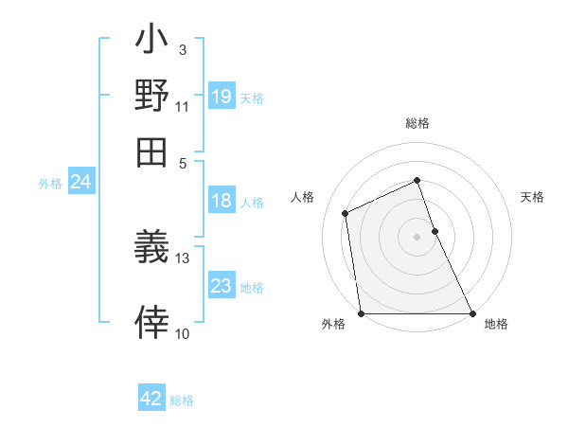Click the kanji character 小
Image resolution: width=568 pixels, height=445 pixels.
tap(152, 43)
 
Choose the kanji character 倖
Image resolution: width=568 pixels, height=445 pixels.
tap(152, 325)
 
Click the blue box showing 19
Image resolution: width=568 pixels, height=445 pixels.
tap(222, 97)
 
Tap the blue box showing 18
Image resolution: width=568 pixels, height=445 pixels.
tap(222, 201)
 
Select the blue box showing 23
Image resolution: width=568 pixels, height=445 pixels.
tap(222, 286)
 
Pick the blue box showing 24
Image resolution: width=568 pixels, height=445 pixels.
tap(80, 183)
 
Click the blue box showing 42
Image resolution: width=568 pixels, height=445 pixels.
tap(151, 399)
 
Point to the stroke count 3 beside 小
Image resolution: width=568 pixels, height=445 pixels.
tap(182, 48)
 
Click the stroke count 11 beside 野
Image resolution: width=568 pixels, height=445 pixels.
tap(182, 106)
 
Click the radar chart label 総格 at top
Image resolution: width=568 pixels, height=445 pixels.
tap(417, 123)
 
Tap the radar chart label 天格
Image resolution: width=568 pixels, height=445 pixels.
tap(532, 197)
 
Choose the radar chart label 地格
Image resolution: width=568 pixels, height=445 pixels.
tap(496, 324)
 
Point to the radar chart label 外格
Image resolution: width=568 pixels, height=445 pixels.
tap(333, 324)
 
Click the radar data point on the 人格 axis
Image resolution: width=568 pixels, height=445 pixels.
tap(346, 213)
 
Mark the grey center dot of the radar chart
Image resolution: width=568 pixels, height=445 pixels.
tap(417, 237)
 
